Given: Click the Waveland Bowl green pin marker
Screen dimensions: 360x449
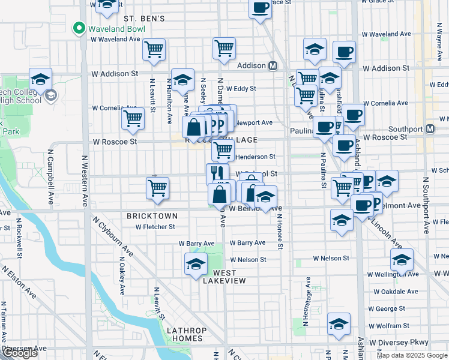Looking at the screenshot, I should [x=78, y=28].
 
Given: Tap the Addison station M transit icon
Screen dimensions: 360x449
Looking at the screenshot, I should [x=273, y=65].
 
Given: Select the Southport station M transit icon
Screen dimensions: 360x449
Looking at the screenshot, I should [x=430, y=129].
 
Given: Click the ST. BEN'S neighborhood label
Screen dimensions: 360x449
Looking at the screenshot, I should [x=144, y=19].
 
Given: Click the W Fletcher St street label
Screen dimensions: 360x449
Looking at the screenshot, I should [x=155, y=227].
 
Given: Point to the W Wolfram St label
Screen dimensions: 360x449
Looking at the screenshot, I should [x=390, y=326].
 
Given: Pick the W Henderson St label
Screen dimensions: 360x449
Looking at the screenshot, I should [x=255, y=157].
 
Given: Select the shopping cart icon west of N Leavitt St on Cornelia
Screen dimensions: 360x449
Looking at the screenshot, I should [x=133, y=118].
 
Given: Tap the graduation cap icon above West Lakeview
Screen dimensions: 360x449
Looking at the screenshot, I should [x=196, y=264].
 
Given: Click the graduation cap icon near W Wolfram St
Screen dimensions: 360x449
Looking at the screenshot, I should [x=339, y=324].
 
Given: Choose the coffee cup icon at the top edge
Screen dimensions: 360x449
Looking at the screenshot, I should [x=260, y=8].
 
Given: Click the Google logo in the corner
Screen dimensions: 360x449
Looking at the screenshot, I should [x=20, y=353].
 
